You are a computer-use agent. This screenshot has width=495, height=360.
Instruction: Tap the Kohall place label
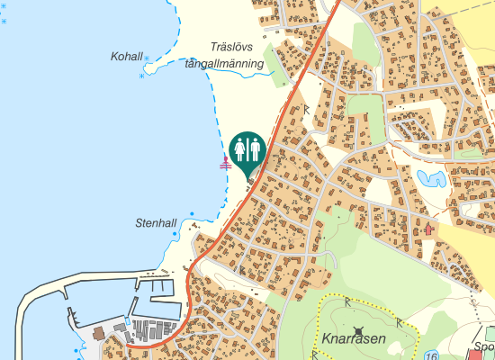click(126, 57)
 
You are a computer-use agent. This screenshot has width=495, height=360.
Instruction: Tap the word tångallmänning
click(223, 64)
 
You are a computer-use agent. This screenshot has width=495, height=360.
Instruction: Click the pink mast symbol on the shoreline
click(226, 163)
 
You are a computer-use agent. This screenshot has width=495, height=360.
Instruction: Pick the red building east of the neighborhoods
click(428, 229)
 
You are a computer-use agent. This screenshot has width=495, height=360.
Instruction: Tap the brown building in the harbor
click(75, 314)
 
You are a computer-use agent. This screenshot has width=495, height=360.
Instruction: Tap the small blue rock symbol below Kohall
click(141, 75)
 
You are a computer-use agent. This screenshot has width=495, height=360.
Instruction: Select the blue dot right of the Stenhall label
click(192, 214)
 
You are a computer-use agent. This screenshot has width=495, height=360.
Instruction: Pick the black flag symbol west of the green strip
click(306, 109)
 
